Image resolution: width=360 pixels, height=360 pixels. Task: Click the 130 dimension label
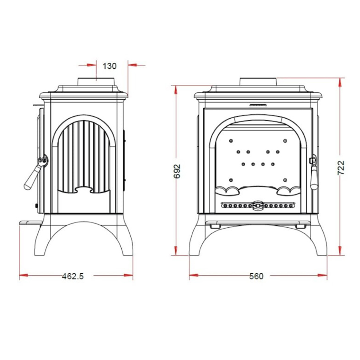[110, 66]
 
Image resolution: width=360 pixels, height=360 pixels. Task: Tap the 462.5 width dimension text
[73, 276]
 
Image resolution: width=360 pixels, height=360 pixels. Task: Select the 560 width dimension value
[256, 276]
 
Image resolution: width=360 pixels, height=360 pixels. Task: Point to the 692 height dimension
[177, 171]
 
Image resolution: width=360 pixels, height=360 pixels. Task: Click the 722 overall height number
[341, 168]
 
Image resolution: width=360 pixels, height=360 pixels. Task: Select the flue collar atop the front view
[258, 82]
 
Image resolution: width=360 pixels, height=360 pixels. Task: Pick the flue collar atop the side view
[96, 82]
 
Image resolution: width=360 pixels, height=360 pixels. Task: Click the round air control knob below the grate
[258, 205]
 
